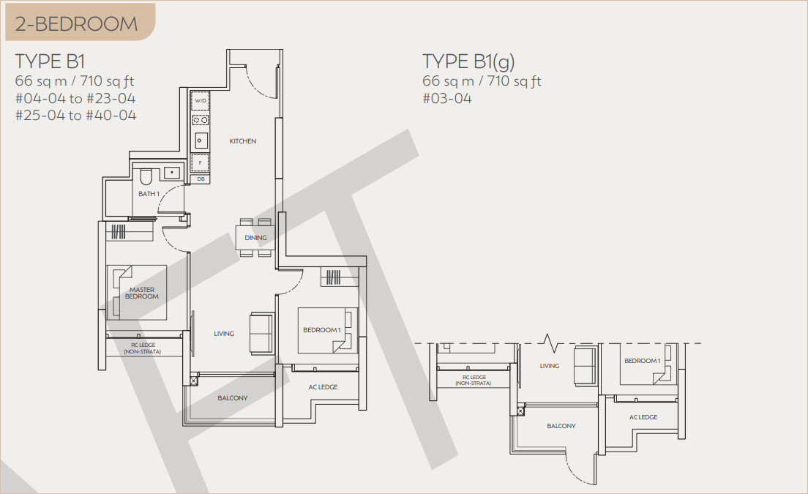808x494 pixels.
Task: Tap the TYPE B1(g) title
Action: [x=468, y=61]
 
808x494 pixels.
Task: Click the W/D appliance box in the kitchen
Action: [x=201, y=101]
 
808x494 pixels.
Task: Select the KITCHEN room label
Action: [x=243, y=141]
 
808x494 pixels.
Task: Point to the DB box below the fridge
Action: [x=201, y=179]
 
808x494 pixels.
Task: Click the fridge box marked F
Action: [x=201, y=162]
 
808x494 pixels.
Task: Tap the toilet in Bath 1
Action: [x=146, y=176]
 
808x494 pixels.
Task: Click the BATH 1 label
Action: [x=149, y=194]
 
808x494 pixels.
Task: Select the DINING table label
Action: [x=255, y=238]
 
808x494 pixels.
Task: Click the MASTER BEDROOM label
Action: [x=142, y=293]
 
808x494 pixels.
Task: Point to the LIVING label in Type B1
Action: [x=224, y=334]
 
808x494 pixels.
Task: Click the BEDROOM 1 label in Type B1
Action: [x=321, y=330]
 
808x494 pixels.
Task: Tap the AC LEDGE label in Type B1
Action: [x=323, y=387]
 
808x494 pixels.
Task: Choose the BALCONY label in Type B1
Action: [x=233, y=398]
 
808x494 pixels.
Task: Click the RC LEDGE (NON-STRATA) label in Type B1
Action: [x=142, y=348]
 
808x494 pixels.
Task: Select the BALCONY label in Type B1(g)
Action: [x=561, y=426]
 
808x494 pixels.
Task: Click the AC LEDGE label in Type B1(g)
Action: [x=643, y=417]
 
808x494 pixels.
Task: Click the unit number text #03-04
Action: [x=447, y=98]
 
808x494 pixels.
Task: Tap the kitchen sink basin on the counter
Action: [x=201, y=140]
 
